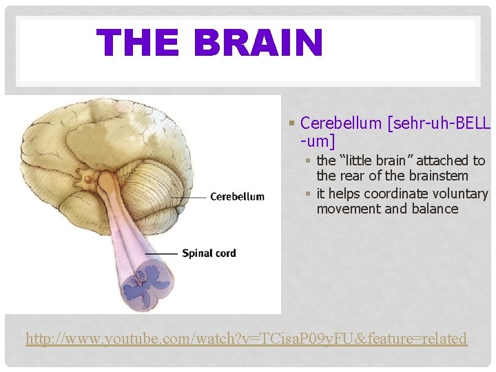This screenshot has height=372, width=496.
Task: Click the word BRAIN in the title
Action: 259,42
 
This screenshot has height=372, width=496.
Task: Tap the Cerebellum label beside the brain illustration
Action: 236,196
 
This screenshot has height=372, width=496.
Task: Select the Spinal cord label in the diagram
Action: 209,253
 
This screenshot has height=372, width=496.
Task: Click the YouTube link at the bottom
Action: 246,338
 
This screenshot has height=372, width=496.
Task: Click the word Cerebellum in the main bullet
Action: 341,123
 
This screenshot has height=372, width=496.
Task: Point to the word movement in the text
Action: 345,209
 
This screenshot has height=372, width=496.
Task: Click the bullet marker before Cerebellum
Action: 292,124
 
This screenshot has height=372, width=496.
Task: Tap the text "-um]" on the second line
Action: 318,141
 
